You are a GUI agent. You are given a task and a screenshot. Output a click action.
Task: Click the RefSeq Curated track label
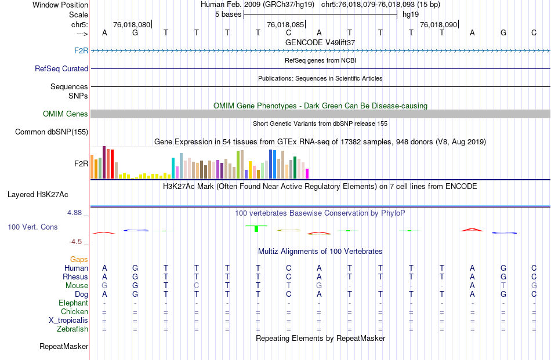pos(61,68)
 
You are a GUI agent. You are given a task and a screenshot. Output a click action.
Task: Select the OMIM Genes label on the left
pos(66,114)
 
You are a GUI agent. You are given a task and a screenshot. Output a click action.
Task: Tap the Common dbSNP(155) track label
pos(52,132)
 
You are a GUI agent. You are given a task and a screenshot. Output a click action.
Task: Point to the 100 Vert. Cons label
pos(32,227)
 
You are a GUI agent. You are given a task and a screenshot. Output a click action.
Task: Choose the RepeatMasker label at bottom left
pos(64,347)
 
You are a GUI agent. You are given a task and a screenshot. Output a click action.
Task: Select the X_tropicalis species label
pos(68,321)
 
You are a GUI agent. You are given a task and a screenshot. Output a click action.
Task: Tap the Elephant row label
pos(73,303)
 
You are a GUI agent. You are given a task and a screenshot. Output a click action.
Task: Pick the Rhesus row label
pos(75,277)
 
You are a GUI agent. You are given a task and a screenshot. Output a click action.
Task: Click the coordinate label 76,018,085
pos(285,25)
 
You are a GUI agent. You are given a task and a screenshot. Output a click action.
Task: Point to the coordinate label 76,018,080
pos(132,25)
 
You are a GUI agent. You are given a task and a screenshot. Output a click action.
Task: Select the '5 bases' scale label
pos(227,14)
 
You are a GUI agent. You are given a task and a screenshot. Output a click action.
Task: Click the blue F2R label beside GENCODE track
pos(81,51)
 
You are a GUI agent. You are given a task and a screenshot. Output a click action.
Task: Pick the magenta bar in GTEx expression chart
pos(307,173)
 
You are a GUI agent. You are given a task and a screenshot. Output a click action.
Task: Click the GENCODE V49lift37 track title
pos(320,42)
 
